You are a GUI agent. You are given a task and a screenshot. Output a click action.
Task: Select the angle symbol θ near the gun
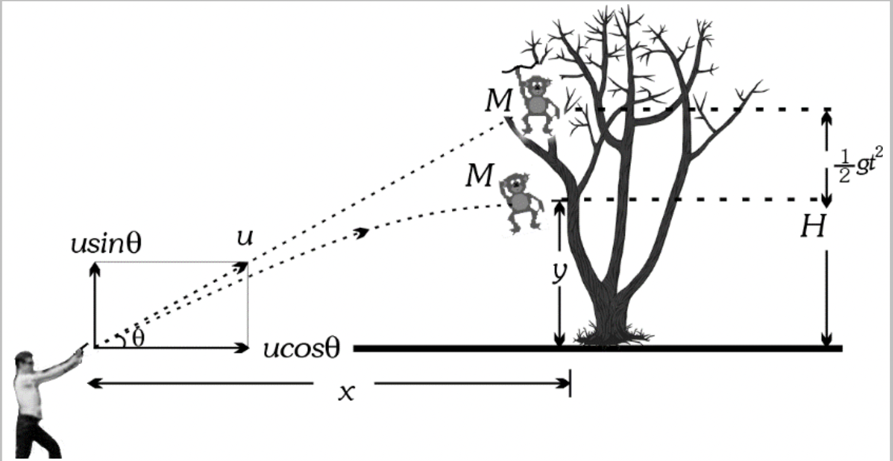click(139, 339)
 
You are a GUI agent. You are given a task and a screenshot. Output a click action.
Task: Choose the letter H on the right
click(812, 227)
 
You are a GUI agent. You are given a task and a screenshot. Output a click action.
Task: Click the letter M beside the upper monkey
click(498, 101)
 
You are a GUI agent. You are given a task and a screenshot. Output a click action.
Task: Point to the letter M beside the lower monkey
click(479, 175)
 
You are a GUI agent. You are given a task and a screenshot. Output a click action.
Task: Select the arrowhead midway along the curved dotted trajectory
click(362, 232)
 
